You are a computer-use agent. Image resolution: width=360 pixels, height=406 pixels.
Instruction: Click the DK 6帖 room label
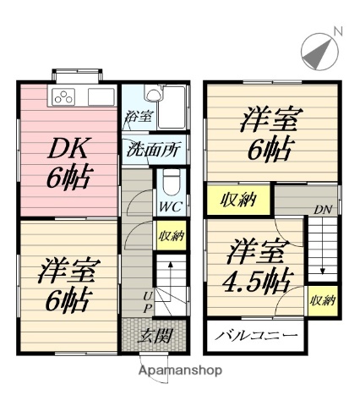[69, 163]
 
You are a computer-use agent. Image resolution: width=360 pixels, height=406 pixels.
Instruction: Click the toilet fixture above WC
[169, 181]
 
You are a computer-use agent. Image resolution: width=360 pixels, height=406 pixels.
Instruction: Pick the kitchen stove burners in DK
[65, 96]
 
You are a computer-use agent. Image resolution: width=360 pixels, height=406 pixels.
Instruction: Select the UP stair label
[147, 298]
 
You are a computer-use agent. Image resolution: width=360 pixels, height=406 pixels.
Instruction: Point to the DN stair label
[322, 209]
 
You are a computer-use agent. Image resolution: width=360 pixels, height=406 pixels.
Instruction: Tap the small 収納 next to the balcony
[321, 301]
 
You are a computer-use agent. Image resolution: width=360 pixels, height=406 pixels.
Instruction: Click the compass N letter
[338, 33]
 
